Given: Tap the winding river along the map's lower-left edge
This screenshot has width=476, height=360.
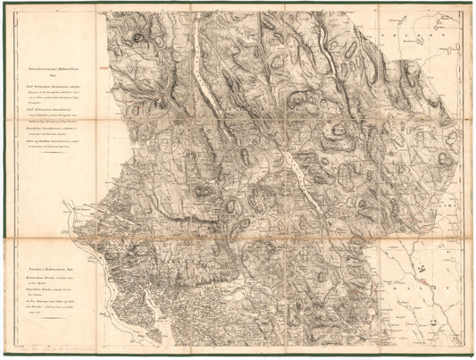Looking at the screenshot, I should tap(134, 295).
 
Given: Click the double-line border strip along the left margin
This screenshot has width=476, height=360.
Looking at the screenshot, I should tap(12, 179).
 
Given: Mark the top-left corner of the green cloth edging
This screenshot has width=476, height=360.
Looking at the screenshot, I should tap(3, 3).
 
